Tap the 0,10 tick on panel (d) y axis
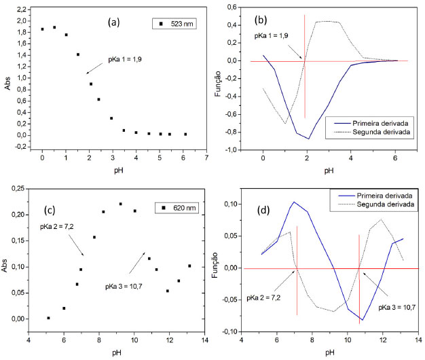[x=231, y=204]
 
